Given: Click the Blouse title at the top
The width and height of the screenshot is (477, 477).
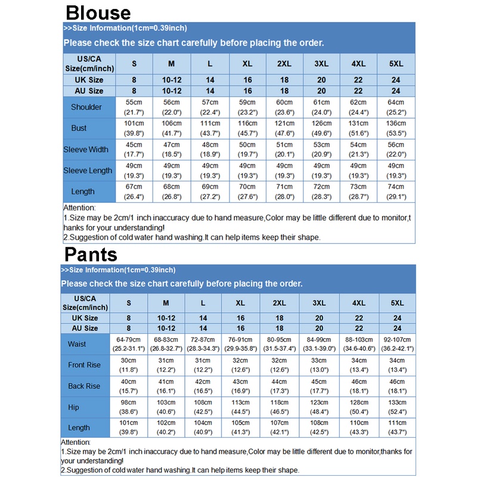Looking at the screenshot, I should click(98, 13).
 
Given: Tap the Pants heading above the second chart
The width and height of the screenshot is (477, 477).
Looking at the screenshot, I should click(91, 255).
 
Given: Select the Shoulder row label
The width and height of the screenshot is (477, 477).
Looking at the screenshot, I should click(86, 107).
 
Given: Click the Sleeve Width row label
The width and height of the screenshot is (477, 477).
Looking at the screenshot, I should click(86, 150).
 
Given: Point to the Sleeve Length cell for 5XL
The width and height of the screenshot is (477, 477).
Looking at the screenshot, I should click(396, 171).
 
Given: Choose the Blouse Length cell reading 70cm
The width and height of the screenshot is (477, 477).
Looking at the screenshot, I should click(247, 191).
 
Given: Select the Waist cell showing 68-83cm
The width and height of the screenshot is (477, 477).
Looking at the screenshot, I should click(166, 344).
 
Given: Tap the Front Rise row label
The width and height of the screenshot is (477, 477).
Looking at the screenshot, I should click(84, 365).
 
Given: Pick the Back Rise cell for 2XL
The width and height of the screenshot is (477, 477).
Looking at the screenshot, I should click(279, 386).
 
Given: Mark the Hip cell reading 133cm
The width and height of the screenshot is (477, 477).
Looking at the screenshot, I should click(398, 407).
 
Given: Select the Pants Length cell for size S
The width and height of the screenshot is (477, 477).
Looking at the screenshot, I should click(129, 428).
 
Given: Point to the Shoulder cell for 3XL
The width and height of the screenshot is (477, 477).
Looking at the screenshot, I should click(321, 107).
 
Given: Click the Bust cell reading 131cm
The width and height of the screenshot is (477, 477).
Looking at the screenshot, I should click(358, 128).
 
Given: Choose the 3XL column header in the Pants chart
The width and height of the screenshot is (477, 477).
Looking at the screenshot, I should click(319, 303).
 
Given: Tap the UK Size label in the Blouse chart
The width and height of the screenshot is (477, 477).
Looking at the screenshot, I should click(89, 80).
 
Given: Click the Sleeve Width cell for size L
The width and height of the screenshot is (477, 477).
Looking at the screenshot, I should click(210, 150).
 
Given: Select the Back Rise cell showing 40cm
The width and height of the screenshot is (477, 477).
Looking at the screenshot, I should click(129, 386).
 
